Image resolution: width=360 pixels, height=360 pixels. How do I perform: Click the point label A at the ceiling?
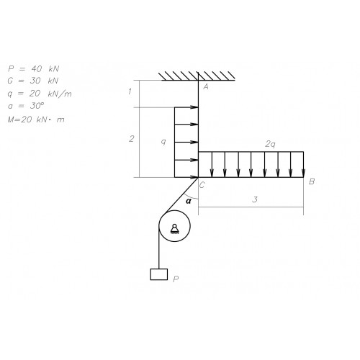point(206,86)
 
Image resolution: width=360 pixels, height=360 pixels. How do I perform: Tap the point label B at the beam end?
point(312,181)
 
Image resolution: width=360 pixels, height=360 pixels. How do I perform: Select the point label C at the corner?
point(202,185)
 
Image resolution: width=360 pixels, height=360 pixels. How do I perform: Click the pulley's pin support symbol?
point(174,228)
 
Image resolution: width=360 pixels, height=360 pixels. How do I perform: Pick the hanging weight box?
point(159,274)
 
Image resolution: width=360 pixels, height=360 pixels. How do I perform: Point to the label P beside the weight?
point(176,279)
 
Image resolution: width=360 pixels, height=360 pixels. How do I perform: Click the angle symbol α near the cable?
point(189,201)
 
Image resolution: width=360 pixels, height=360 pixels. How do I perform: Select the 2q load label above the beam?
point(270,144)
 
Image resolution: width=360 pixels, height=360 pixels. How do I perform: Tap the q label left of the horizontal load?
point(163,142)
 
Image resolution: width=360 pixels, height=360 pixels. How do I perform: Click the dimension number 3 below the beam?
point(255,199)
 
